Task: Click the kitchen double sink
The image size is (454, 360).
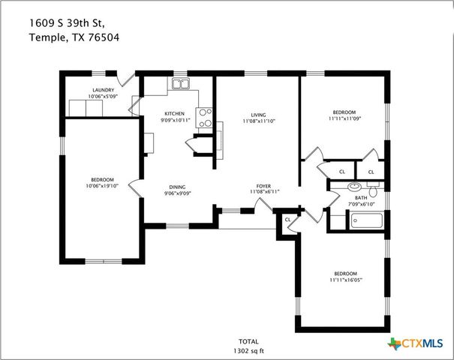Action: point(180,84)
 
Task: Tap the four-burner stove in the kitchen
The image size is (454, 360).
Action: point(204,117)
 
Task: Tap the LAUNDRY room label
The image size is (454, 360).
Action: point(102,90)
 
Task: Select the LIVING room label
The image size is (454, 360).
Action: point(258,114)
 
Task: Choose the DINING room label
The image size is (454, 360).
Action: point(177,187)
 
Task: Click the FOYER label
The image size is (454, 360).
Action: point(263,186)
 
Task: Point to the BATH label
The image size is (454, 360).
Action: point(361,198)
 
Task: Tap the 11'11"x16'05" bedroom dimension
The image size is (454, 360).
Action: point(345,279)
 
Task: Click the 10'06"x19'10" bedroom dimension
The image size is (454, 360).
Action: point(102,185)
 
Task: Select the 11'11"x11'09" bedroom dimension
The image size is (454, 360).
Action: point(345,118)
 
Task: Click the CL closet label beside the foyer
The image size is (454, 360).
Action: point(288,219)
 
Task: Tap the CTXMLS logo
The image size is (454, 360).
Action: point(413,343)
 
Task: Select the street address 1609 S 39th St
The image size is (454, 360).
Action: point(72,22)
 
